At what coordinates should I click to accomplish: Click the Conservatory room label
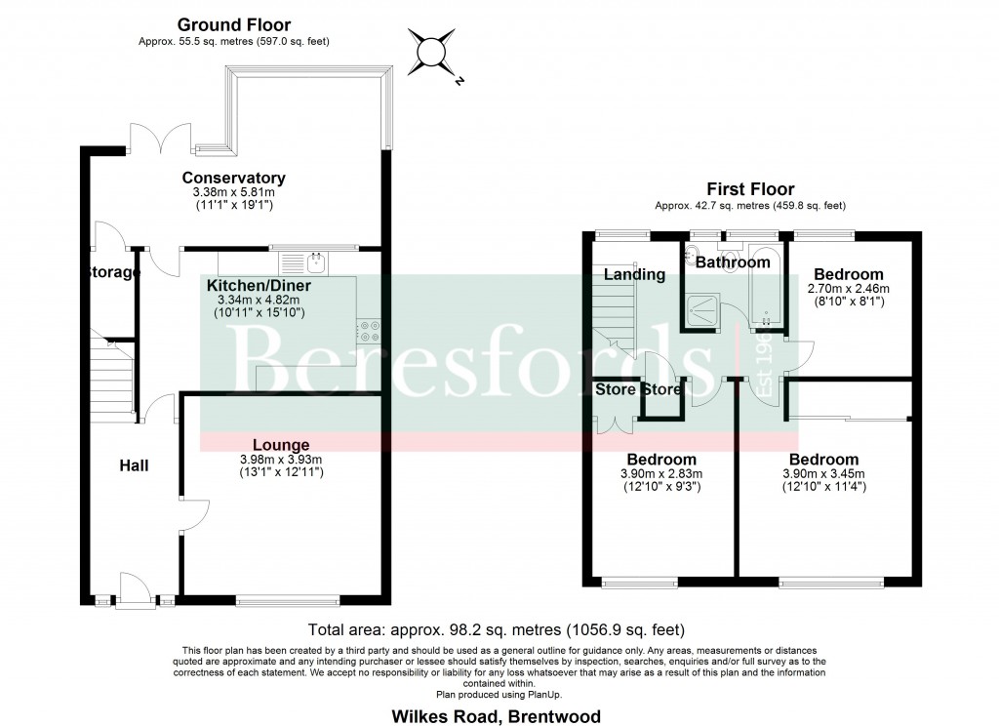point(233,178)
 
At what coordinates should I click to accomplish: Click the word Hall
point(134,465)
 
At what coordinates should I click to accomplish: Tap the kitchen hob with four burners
point(370,332)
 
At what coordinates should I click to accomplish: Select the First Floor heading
point(751,189)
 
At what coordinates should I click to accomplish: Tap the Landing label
point(633,274)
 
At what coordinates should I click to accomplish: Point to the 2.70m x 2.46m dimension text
point(849,290)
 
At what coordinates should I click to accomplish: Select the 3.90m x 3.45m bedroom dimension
point(823,474)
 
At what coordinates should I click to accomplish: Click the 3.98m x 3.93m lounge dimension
point(281,460)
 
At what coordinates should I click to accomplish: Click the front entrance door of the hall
point(131,592)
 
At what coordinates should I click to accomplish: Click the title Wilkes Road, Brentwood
point(497,716)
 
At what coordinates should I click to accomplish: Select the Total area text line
point(497,629)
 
